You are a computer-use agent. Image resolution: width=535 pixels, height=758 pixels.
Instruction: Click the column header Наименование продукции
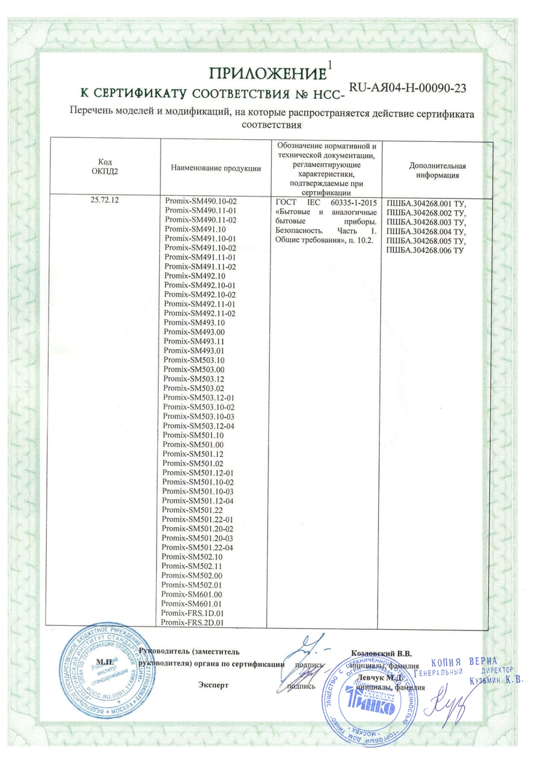(216, 169)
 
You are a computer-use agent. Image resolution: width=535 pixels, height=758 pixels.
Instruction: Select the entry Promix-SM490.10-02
(202, 202)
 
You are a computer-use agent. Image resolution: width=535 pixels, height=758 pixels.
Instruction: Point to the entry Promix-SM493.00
(194, 332)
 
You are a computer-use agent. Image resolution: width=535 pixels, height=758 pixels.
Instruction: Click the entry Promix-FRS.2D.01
(192, 623)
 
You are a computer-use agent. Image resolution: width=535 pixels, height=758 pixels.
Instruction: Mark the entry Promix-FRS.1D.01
(192, 614)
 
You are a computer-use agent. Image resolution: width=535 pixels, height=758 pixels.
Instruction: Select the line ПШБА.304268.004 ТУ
(426, 231)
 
